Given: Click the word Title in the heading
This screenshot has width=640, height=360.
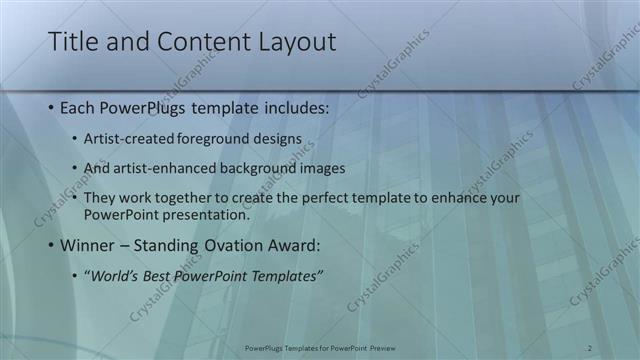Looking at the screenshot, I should [72, 42].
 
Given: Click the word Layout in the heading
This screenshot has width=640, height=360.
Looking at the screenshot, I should [290, 42].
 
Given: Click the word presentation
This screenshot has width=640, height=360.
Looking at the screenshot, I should [206, 213].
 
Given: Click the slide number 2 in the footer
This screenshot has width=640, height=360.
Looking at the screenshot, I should [590, 348].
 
